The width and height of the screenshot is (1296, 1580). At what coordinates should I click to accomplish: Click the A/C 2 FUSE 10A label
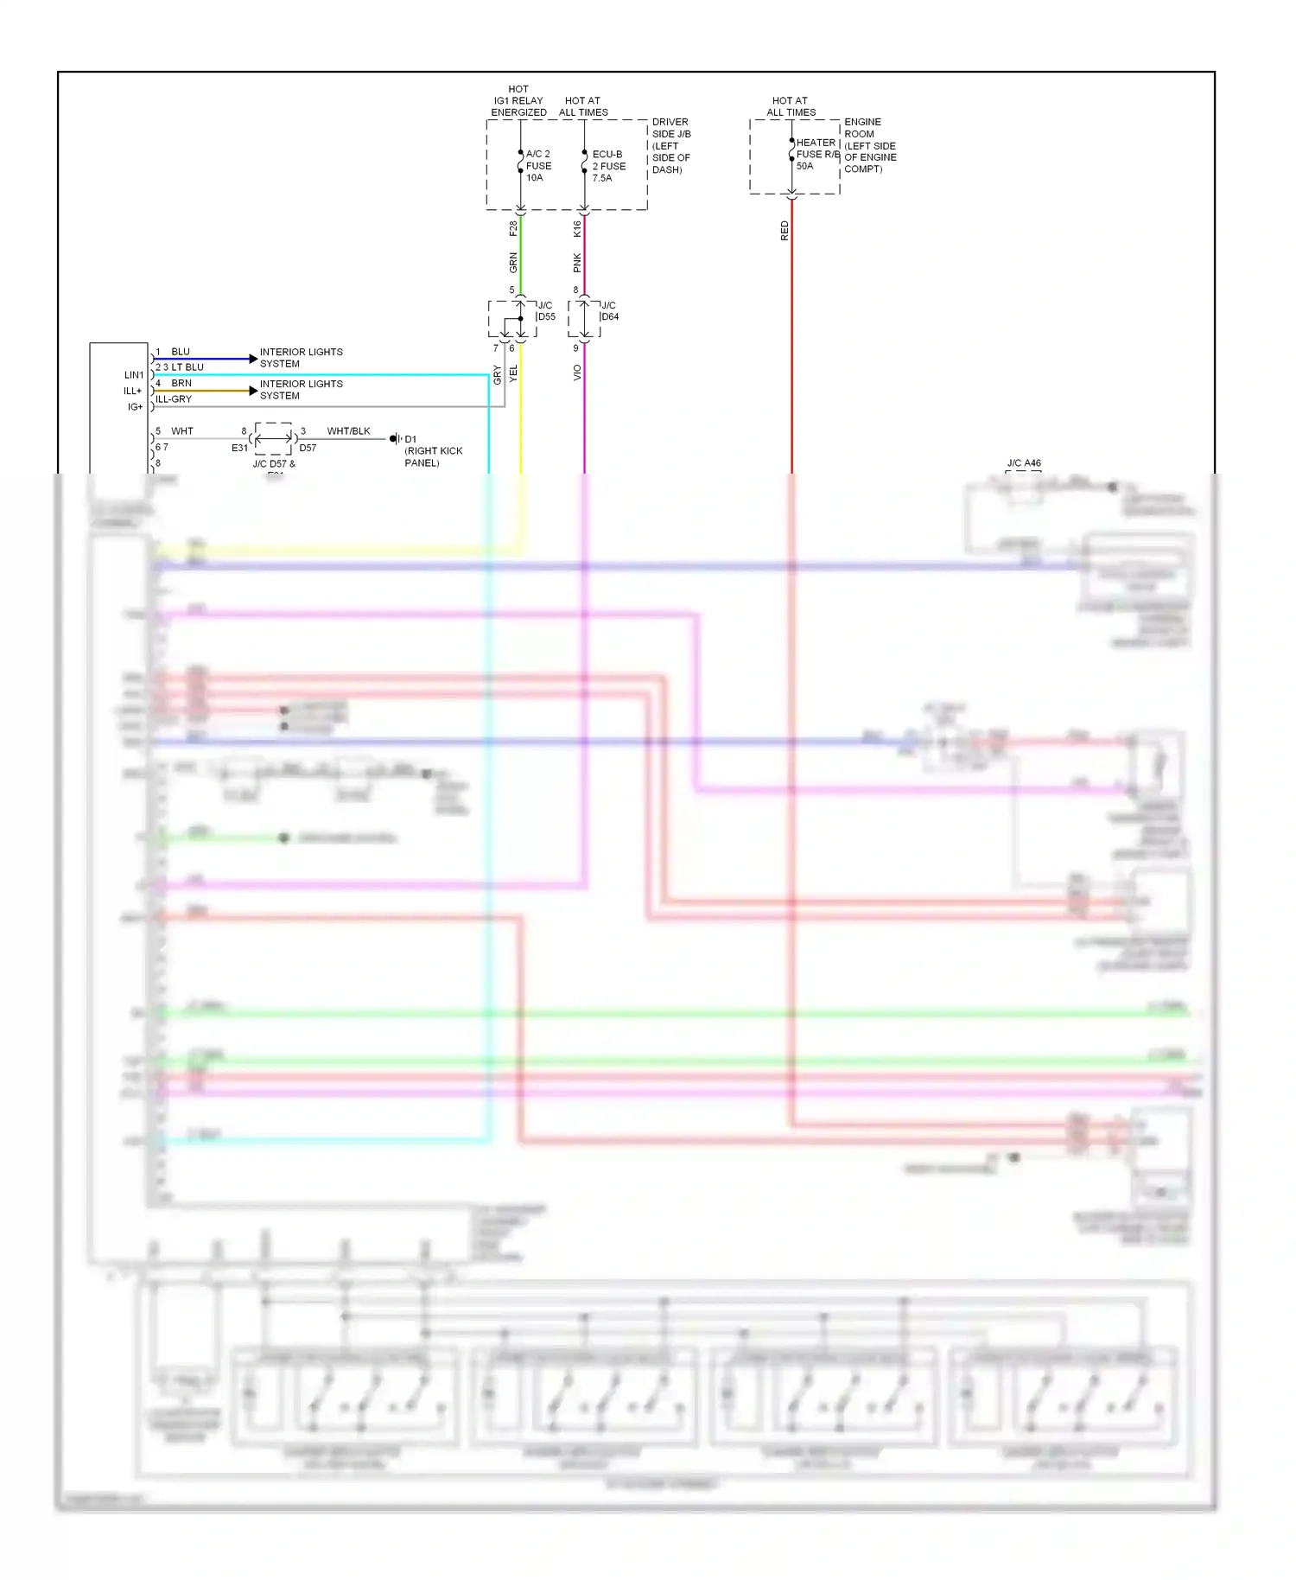coord(537,166)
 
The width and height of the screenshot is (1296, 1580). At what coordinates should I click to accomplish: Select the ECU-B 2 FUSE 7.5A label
coord(608,166)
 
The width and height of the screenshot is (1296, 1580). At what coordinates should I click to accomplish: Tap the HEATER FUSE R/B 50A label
coord(816,154)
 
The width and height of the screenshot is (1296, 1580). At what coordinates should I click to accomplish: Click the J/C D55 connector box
coord(511,319)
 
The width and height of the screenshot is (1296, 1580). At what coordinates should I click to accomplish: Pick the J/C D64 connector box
coord(584,319)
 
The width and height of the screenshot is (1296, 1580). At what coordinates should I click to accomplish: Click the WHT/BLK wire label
coord(348,431)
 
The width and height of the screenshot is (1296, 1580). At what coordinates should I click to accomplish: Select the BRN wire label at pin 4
coord(181,383)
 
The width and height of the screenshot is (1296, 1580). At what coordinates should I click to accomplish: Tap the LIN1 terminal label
coord(134,375)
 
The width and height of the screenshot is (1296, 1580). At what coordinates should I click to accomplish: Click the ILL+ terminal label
coord(132,391)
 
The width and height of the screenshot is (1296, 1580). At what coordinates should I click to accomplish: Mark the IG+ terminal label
coord(135,407)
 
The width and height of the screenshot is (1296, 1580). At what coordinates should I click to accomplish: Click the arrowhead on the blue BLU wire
coord(253,359)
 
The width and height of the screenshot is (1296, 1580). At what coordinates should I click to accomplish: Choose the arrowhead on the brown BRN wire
coord(253,391)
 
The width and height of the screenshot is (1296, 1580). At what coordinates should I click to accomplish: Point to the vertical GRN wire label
coord(513,263)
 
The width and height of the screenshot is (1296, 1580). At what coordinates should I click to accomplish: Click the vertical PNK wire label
coord(577,263)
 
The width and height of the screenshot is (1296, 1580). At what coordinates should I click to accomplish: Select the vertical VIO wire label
coord(577,373)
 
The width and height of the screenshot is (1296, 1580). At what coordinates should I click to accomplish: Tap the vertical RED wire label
coord(785,231)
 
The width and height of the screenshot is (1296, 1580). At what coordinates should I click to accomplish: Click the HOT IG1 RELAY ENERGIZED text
coord(518,101)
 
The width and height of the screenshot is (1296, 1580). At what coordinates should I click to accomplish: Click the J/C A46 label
coord(1024,463)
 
